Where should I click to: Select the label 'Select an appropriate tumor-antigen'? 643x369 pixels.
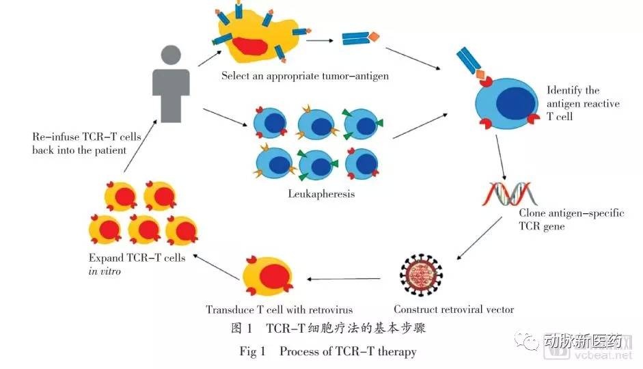(x=305, y=77)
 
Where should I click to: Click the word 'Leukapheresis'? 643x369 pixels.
(x=321, y=194)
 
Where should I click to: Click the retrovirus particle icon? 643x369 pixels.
(x=421, y=276)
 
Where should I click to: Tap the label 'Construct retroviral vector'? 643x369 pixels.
(x=454, y=310)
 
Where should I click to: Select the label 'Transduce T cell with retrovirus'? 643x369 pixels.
(x=279, y=310)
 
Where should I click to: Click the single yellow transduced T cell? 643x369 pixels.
(x=264, y=279)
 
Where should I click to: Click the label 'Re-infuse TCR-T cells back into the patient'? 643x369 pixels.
(x=86, y=143)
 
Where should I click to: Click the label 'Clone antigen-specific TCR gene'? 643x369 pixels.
(x=571, y=219)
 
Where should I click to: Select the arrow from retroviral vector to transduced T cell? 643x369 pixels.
(x=344, y=278)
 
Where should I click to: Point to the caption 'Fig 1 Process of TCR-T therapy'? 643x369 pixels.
(x=328, y=352)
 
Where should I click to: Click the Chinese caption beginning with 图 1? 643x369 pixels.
(x=329, y=329)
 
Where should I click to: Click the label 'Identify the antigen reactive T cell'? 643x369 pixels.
(x=583, y=103)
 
